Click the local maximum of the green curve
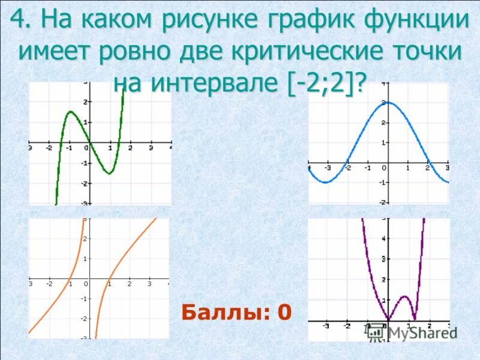[x=70, y=112]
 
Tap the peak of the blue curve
[x=388, y=102]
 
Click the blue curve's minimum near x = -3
[x=325, y=182]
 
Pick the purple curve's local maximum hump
[x=405, y=296]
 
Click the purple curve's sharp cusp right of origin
[x=415, y=319]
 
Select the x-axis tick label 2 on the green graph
[x=130, y=148]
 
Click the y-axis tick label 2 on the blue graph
[x=383, y=123]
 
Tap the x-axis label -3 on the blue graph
[x=328, y=168]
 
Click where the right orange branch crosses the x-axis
[x=109, y=279]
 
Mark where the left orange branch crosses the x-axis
[x=70, y=279]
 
